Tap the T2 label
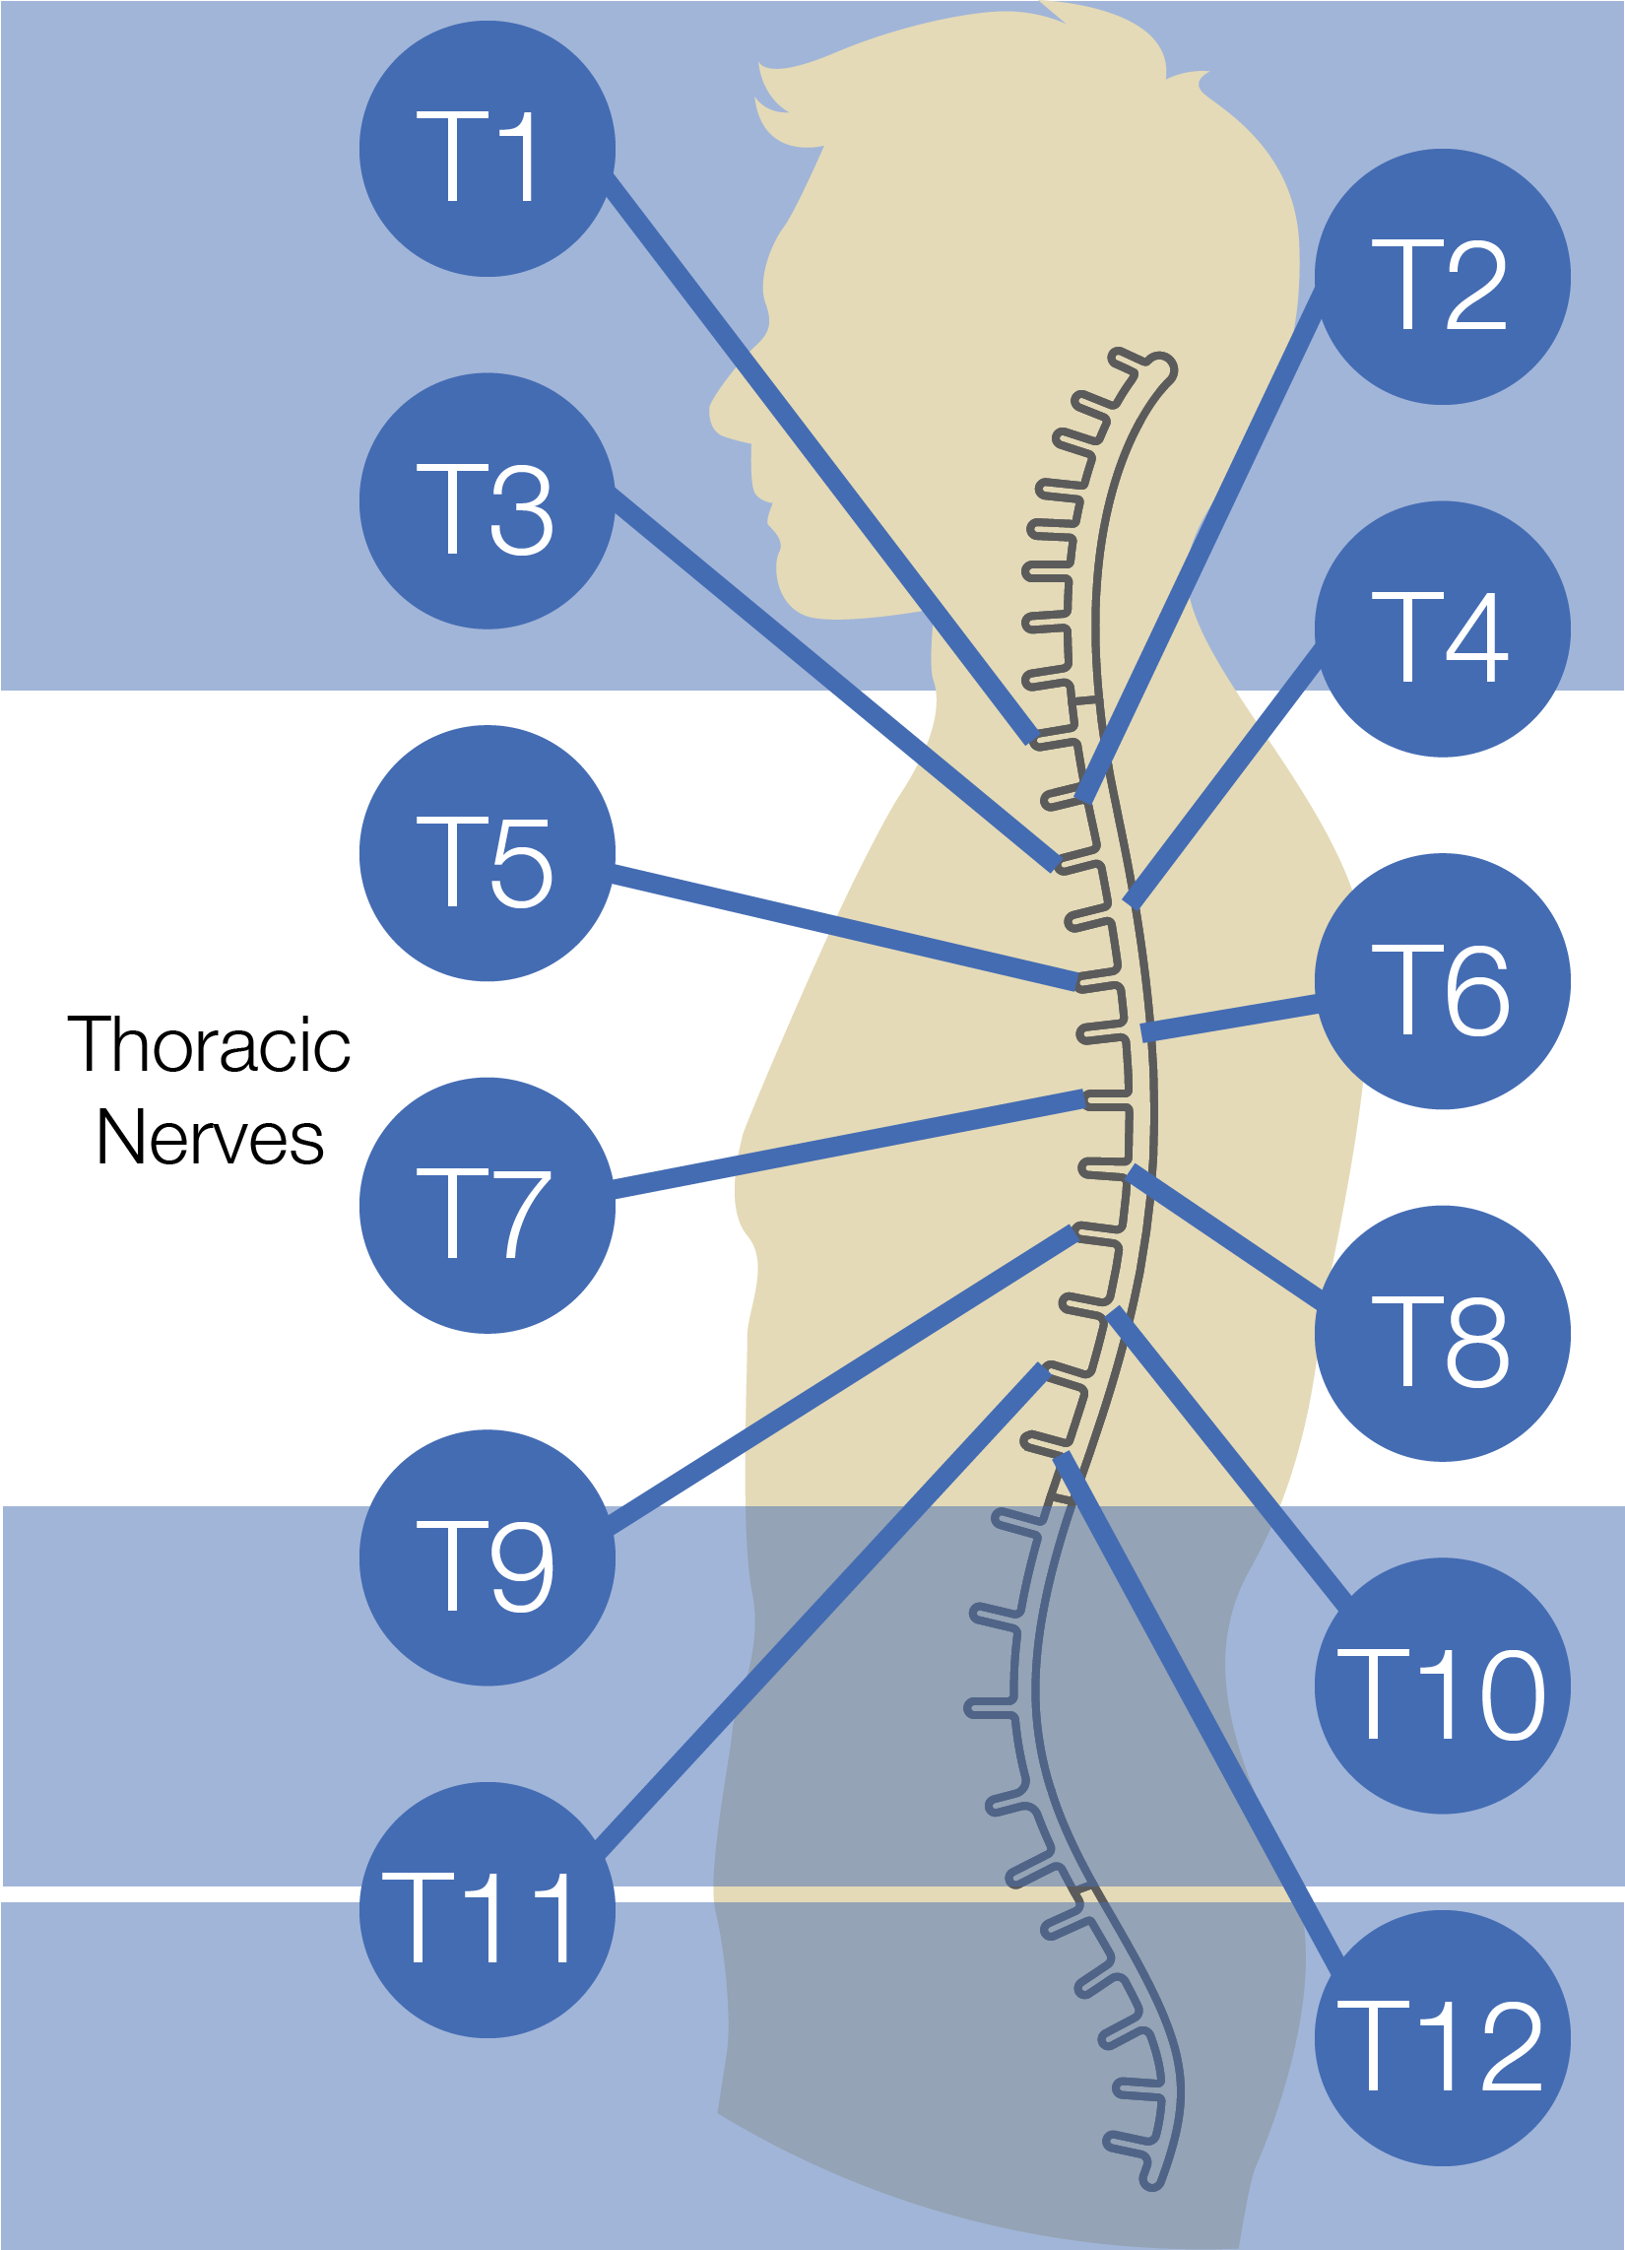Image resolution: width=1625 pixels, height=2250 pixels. click(x=1441, y=285)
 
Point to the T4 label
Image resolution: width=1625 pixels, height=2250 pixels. click(x=1441, y=637)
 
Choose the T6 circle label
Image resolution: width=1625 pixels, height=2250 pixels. click(x=1442, y=989)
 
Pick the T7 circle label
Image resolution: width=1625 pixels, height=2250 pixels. click(x=487, y=1213)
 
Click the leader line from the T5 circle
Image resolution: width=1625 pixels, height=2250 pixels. click(x=843, y=928)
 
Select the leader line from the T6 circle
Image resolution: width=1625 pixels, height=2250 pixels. click(x=1230, y=1018)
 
